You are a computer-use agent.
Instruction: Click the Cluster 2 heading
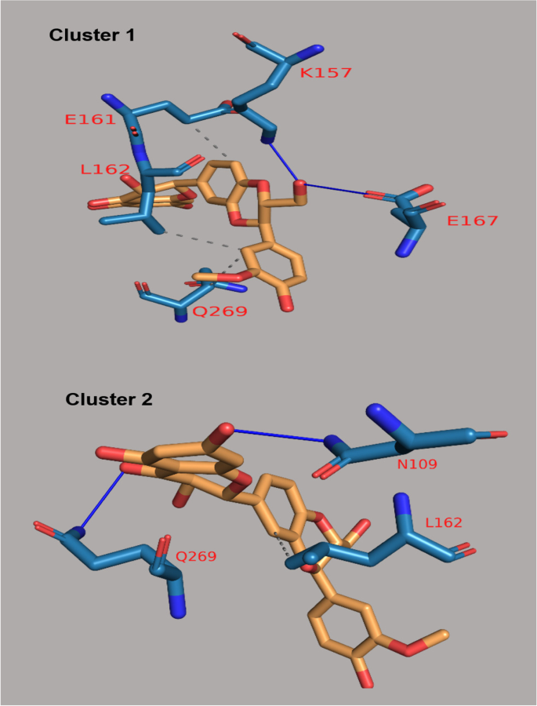[x=109, y=399]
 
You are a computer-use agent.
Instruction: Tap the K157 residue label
[x=326, y=73]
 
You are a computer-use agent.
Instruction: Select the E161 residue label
[x=89, y=120]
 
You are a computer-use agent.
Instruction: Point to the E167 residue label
[x=472, y=220]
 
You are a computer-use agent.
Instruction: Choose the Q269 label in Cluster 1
[x=221, y=311]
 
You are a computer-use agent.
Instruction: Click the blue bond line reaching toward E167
[x=337, y=189]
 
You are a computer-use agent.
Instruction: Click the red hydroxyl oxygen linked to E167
[x=300, y=185]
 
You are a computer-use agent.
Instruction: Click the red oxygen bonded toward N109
[x=226, y=428]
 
